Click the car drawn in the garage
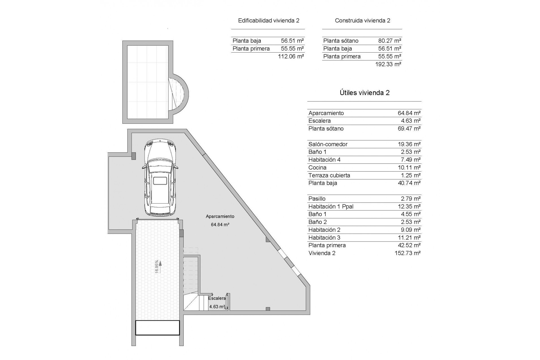coord(160,178)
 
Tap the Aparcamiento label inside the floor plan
coord(220,216)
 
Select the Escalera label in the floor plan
coord(217,298)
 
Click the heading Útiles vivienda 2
coord(364,93)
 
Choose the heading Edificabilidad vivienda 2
coord(269,21)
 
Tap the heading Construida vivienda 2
coord(363,21)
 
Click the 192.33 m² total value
coord(388,64)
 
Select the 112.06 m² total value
coord(291,56)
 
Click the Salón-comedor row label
coord(328,144)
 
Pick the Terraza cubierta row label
coord(329,175)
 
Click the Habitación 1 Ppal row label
coord(331,206)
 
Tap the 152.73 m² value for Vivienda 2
coord(408,253)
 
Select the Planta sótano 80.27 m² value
coord(390,41)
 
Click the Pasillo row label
coord(317,199)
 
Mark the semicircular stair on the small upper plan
coord(178,93)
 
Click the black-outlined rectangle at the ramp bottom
coord(157,328)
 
